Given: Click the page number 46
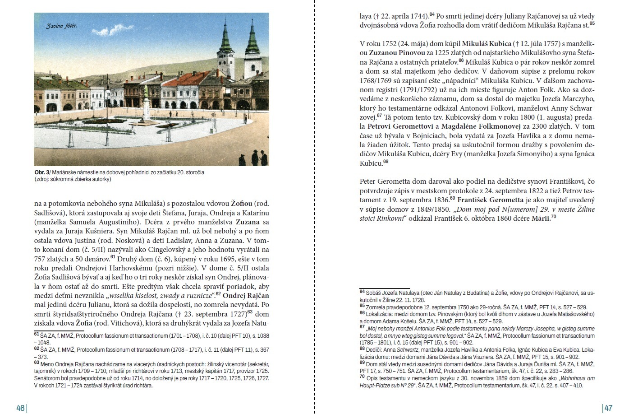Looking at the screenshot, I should (20, 408).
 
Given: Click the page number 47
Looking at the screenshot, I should (608, 408).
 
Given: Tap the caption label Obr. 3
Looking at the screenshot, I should (42, 172).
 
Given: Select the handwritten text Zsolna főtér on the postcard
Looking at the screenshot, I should (61, 26).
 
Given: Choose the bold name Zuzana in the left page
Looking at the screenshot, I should (248, 222).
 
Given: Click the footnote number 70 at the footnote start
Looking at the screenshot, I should (362, 377).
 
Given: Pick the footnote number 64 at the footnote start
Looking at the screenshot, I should (362, 292).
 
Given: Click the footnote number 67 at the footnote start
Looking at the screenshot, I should (362, 327).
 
